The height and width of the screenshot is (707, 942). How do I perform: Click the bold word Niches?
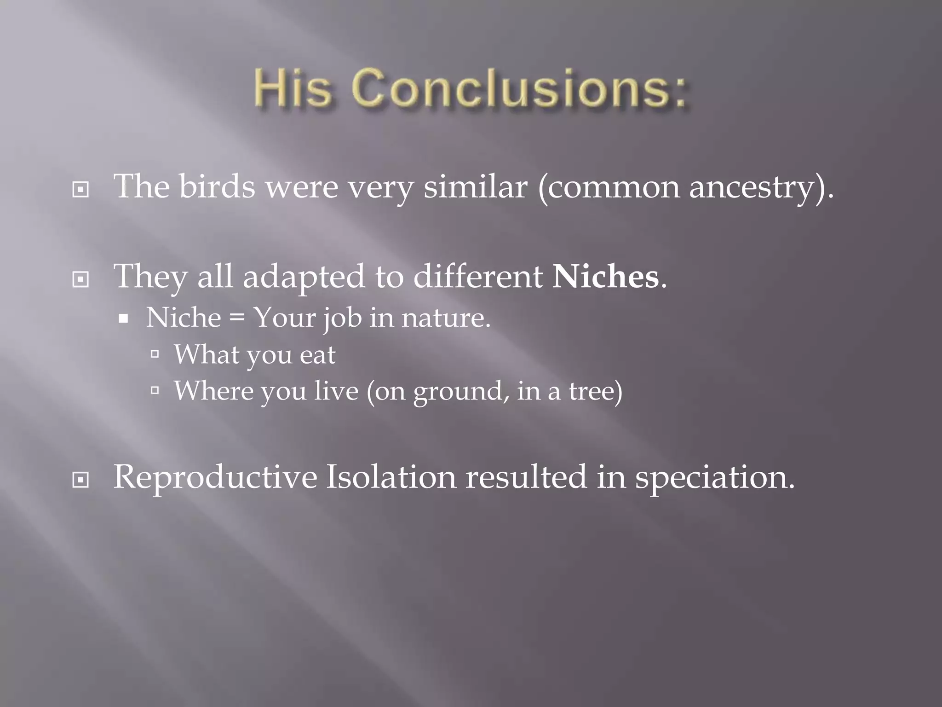[x=605, y=277]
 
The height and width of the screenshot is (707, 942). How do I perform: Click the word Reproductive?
[x=215, y=478]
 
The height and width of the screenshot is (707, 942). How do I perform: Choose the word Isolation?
[x=391, y=478]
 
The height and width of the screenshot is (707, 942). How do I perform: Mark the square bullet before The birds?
[x=81, y=189]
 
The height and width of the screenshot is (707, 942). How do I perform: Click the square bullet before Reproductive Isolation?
[x=81, y=481]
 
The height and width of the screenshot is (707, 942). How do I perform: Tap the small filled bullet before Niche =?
[x=123, y=319]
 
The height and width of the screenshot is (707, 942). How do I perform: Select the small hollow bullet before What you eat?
[x=155, y=354]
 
